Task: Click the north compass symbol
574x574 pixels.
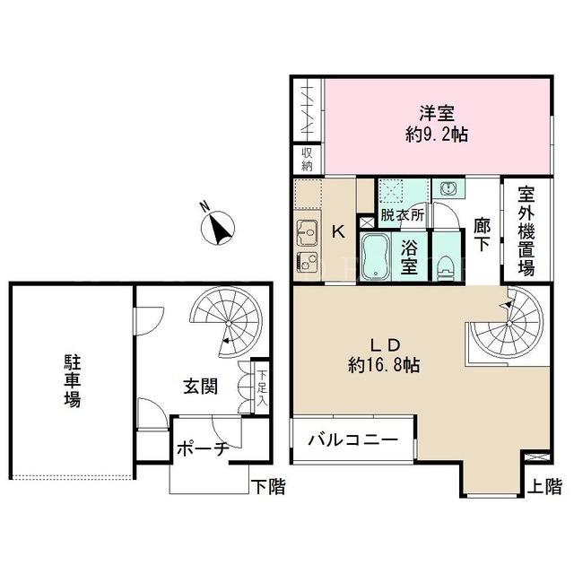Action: (x=218, y=227)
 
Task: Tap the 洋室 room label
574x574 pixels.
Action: (x=437, y=113)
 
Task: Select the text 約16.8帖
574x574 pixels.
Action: (x=384, y=365)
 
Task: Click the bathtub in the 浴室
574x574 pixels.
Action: (x=376, y=257)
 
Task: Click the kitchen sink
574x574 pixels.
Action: (x=307, y=233)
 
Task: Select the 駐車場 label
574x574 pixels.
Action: (x=73, y=380)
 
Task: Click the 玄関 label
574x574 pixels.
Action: (x=201, y=387)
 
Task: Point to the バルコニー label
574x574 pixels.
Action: (x=352, y=439)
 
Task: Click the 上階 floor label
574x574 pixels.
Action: (x=544, y=486)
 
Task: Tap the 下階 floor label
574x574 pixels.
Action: (x=268, y=487)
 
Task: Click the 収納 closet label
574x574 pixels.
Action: (x=307, y=160)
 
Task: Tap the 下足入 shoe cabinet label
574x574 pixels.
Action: (x=262, y=388)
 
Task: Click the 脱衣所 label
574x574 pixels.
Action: (x=403, y=214)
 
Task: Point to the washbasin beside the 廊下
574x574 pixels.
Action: (x=448, y=188)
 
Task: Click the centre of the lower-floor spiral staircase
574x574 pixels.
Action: (x=228, y=323)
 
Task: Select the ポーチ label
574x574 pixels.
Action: (x=203, y=449)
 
